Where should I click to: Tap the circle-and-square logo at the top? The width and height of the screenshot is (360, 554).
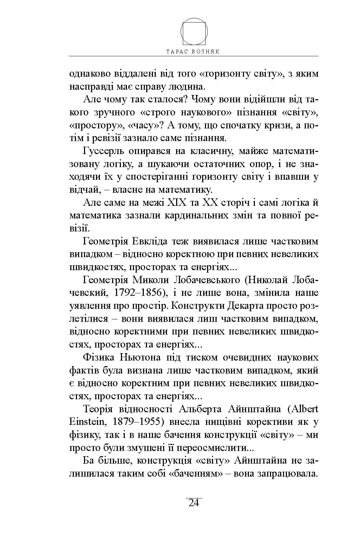(x=194, y=31)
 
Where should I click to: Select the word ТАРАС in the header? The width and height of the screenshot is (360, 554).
(x=178, y=51)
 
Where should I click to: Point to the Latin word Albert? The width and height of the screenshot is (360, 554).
(x=304, y=409)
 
